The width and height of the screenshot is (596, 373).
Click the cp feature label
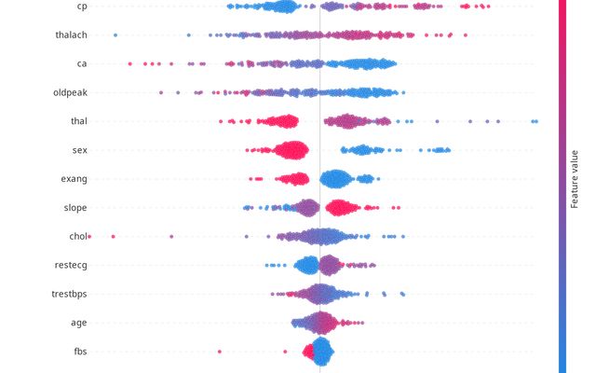[82, 7]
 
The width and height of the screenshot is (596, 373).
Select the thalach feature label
[71, 35]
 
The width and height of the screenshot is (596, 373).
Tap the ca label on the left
[82, 64]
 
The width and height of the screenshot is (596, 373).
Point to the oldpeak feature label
[71, 93]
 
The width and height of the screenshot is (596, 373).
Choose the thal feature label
[78, 121]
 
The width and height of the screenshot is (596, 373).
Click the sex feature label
[79, 150]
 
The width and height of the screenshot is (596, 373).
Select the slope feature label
[75, 208]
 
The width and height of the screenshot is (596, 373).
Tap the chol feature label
[77, 237]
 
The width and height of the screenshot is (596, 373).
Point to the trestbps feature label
[69, 295]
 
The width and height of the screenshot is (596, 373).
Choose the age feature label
[79, 323]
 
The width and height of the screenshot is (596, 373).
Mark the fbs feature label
[80, 352]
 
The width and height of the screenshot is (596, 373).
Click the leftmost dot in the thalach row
[115, 35]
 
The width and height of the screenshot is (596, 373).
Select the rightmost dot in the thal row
[535, 121]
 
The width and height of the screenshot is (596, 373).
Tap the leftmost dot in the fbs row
[220, 352]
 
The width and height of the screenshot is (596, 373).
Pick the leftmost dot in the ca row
[129, 64]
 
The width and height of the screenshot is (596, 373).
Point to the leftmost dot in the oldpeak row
[161, 93]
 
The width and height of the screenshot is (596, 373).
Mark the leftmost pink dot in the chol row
[89, 237]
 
